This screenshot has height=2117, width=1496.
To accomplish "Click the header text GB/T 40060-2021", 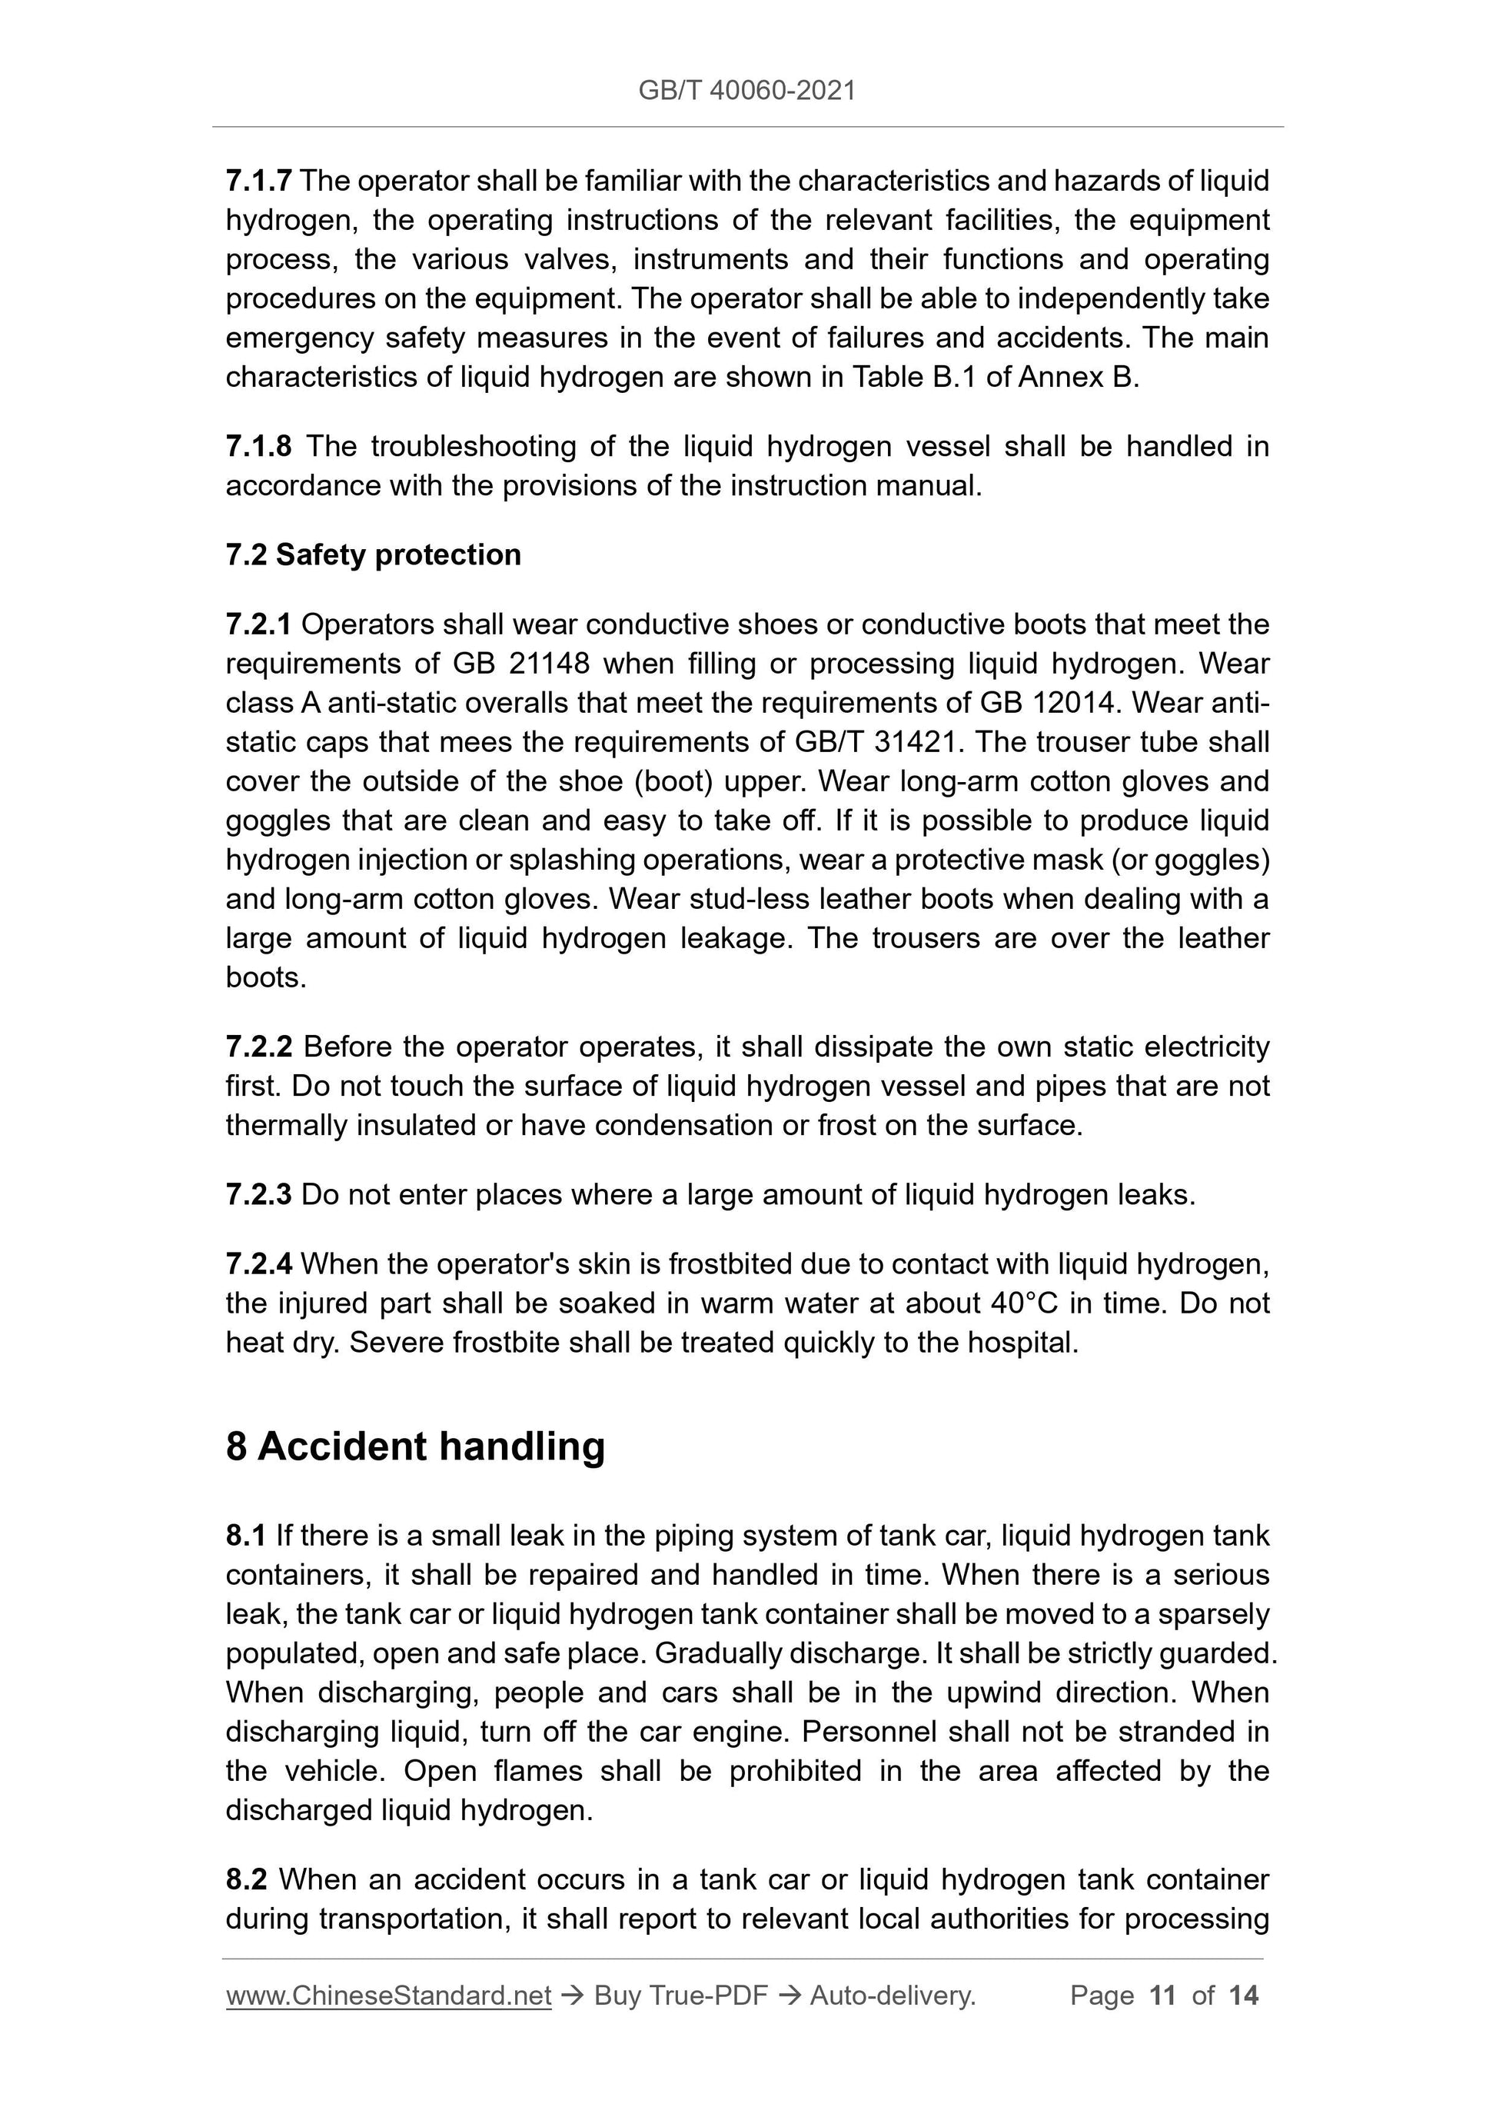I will point(746,91).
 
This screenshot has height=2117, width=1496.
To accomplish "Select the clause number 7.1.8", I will point(259,446).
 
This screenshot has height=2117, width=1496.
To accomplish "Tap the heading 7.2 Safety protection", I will point(374,554).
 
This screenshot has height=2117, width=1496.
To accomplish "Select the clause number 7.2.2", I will point(259,1047).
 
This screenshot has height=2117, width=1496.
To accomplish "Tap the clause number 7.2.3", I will point(259,1194).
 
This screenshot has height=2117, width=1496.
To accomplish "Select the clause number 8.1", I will point(246,1535).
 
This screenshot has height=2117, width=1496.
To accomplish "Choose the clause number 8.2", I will point(246,1879).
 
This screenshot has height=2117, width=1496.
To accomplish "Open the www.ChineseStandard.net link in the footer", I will point(388,1996).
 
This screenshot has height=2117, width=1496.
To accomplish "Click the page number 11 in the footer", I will point(1162,1996).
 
